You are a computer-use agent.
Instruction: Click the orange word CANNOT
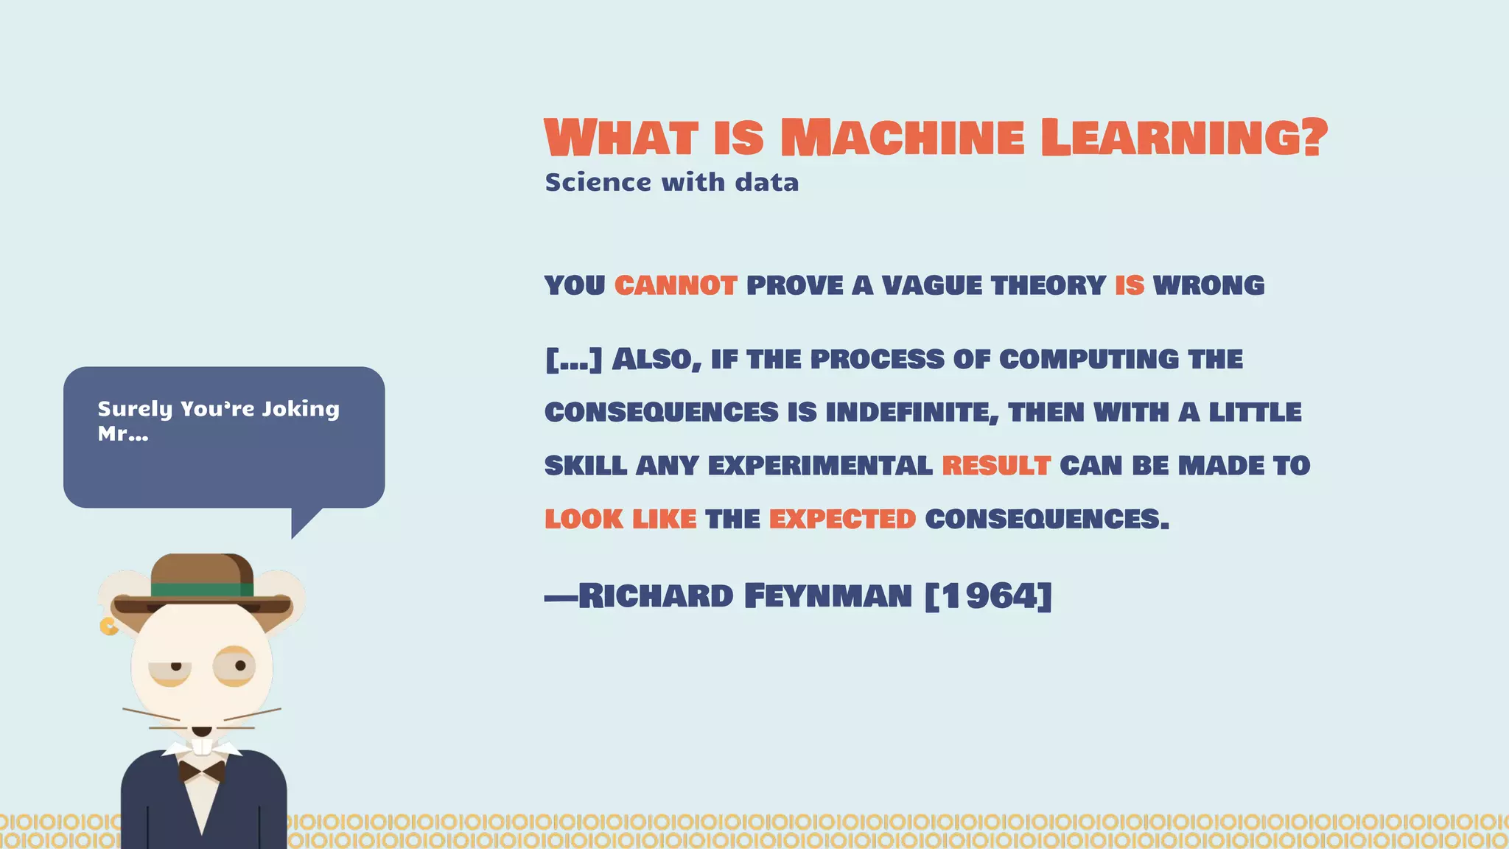676,285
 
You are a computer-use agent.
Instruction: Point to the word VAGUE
932,285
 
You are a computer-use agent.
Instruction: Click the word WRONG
1208,285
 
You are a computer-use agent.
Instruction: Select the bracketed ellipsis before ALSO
574,360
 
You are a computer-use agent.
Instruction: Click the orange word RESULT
996,466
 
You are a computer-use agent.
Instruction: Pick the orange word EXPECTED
842,519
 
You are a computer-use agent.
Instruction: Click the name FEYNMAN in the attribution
827,595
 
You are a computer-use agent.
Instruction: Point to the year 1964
988,595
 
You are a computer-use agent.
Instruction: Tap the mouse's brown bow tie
202,772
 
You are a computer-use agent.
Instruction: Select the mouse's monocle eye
235,666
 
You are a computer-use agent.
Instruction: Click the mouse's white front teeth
202,747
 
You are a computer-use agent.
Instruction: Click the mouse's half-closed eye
171,669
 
